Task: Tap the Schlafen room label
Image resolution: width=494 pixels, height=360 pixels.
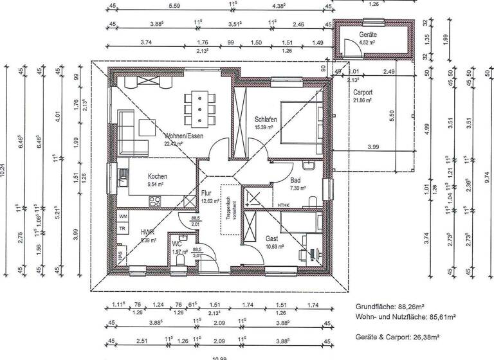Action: [266, 120]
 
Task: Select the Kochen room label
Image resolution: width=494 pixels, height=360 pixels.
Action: [158, 176]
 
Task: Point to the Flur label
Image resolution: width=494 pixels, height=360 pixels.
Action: [206, 193]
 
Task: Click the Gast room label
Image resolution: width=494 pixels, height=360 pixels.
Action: [272, 238]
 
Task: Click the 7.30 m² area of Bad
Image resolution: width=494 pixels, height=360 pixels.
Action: [297, 189]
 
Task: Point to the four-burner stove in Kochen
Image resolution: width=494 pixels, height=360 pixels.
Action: [156, 201]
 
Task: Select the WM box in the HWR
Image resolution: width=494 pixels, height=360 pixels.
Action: [123, 217]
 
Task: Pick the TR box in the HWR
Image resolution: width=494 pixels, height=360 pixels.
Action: [122, 228]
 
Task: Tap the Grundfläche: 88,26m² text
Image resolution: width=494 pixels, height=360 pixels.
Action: [392, 307]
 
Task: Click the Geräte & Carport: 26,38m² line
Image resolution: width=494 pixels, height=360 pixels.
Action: [401, 336]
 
